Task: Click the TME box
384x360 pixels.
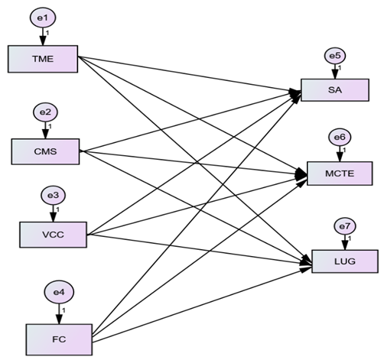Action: tap(43, 59)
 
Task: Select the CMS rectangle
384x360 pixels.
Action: tap(45, 151)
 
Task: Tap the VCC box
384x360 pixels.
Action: tap(54, 235)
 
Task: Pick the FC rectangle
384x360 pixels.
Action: tap(59, 339)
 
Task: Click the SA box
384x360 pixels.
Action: tap(335, 90)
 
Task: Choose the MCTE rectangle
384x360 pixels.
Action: tap(340, 174)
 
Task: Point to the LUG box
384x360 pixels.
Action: tap(345, 261)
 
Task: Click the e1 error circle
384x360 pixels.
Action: tap(43, 18)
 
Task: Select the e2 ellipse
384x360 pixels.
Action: tap(45, 112)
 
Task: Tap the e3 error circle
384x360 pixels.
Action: tap(54, 196)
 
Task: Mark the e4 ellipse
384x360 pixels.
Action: tap(59, 292)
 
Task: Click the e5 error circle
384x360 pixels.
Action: tap(335, 56)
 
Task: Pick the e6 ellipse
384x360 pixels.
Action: tap(340, 138)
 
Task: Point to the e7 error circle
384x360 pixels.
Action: tap(345, 226)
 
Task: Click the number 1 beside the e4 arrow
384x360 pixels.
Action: tap(63, 310)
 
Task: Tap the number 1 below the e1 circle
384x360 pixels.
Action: tap(47, 33)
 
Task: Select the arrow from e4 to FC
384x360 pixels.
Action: tap(59, 314)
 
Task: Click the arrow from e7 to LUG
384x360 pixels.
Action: tap(345, 242)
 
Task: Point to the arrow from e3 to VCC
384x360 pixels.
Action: tap(54, 213)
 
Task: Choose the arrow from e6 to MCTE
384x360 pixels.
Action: tap(340, 154)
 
